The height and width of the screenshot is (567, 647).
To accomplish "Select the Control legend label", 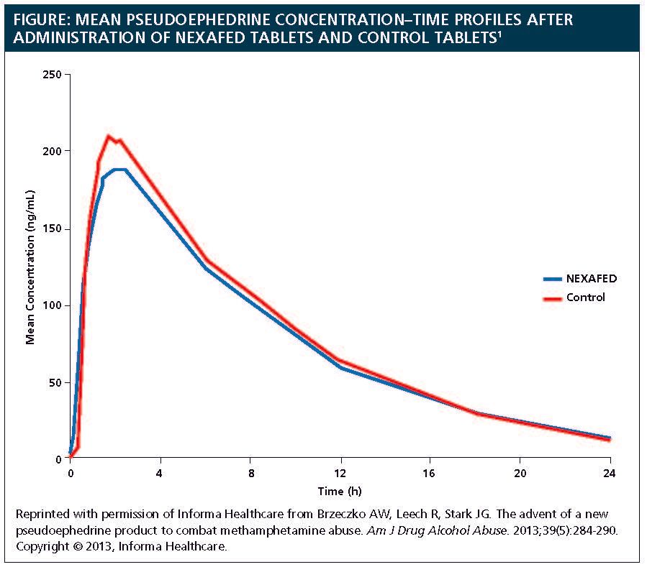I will coord(585,297).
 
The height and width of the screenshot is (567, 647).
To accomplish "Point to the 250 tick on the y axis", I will coord(53,74).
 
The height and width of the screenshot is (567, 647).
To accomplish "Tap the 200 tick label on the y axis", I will coord(53,151).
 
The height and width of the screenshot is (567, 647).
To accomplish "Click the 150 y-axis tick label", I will coord(53,229).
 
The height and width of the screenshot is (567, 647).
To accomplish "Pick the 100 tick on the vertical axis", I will coord(53,305).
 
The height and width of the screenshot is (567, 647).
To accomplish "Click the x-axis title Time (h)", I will coord(340,491).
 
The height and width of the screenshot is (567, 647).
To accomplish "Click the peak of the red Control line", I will coord(109,136).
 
